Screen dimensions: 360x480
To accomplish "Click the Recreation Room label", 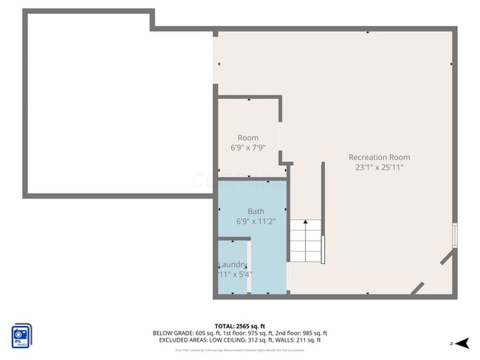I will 379,157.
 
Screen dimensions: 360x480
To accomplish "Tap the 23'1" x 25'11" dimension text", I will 379,167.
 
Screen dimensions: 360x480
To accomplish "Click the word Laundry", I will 233,265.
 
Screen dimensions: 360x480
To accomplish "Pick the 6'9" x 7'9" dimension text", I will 247,148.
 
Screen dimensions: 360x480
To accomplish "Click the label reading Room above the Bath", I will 247,138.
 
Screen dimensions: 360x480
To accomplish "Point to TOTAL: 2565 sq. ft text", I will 239,325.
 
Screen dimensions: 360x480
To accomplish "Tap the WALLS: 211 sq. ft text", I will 305,340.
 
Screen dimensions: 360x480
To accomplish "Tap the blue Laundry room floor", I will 233,280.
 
